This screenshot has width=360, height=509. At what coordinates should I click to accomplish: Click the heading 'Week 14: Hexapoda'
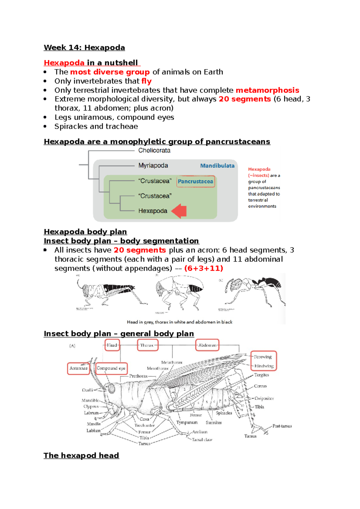point(84,48)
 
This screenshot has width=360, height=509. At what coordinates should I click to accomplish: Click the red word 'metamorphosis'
point(267,90)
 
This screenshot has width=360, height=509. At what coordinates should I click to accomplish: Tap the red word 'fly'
point(146,81)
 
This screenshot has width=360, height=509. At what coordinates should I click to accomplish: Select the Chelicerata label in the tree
point(154,150)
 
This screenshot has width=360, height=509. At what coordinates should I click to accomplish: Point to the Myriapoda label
point(153,165)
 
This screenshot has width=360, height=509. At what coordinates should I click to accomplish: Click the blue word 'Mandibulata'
point(217,166)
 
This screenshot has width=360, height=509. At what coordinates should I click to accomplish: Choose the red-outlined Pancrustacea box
point(196,181)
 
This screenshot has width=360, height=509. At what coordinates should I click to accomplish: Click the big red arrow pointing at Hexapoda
point(179,211)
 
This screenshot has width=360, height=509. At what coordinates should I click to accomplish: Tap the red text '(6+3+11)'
point(204,268)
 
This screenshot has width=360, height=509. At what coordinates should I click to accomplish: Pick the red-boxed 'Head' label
point(112,345)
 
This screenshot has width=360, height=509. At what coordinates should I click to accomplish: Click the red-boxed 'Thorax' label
point(147,345)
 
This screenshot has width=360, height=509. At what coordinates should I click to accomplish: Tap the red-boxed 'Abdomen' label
point(207,345)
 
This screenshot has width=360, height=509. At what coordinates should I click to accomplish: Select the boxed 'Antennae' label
point(78,368)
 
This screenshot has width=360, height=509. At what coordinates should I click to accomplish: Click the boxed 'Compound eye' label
point(111,368)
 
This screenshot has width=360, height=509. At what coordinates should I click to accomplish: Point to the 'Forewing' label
point(263,357)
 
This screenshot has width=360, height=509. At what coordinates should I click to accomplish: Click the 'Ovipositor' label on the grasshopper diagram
point(264,398)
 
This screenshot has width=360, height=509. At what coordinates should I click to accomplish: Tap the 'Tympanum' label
point(187,422)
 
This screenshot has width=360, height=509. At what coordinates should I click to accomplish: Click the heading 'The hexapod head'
point(81,456)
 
